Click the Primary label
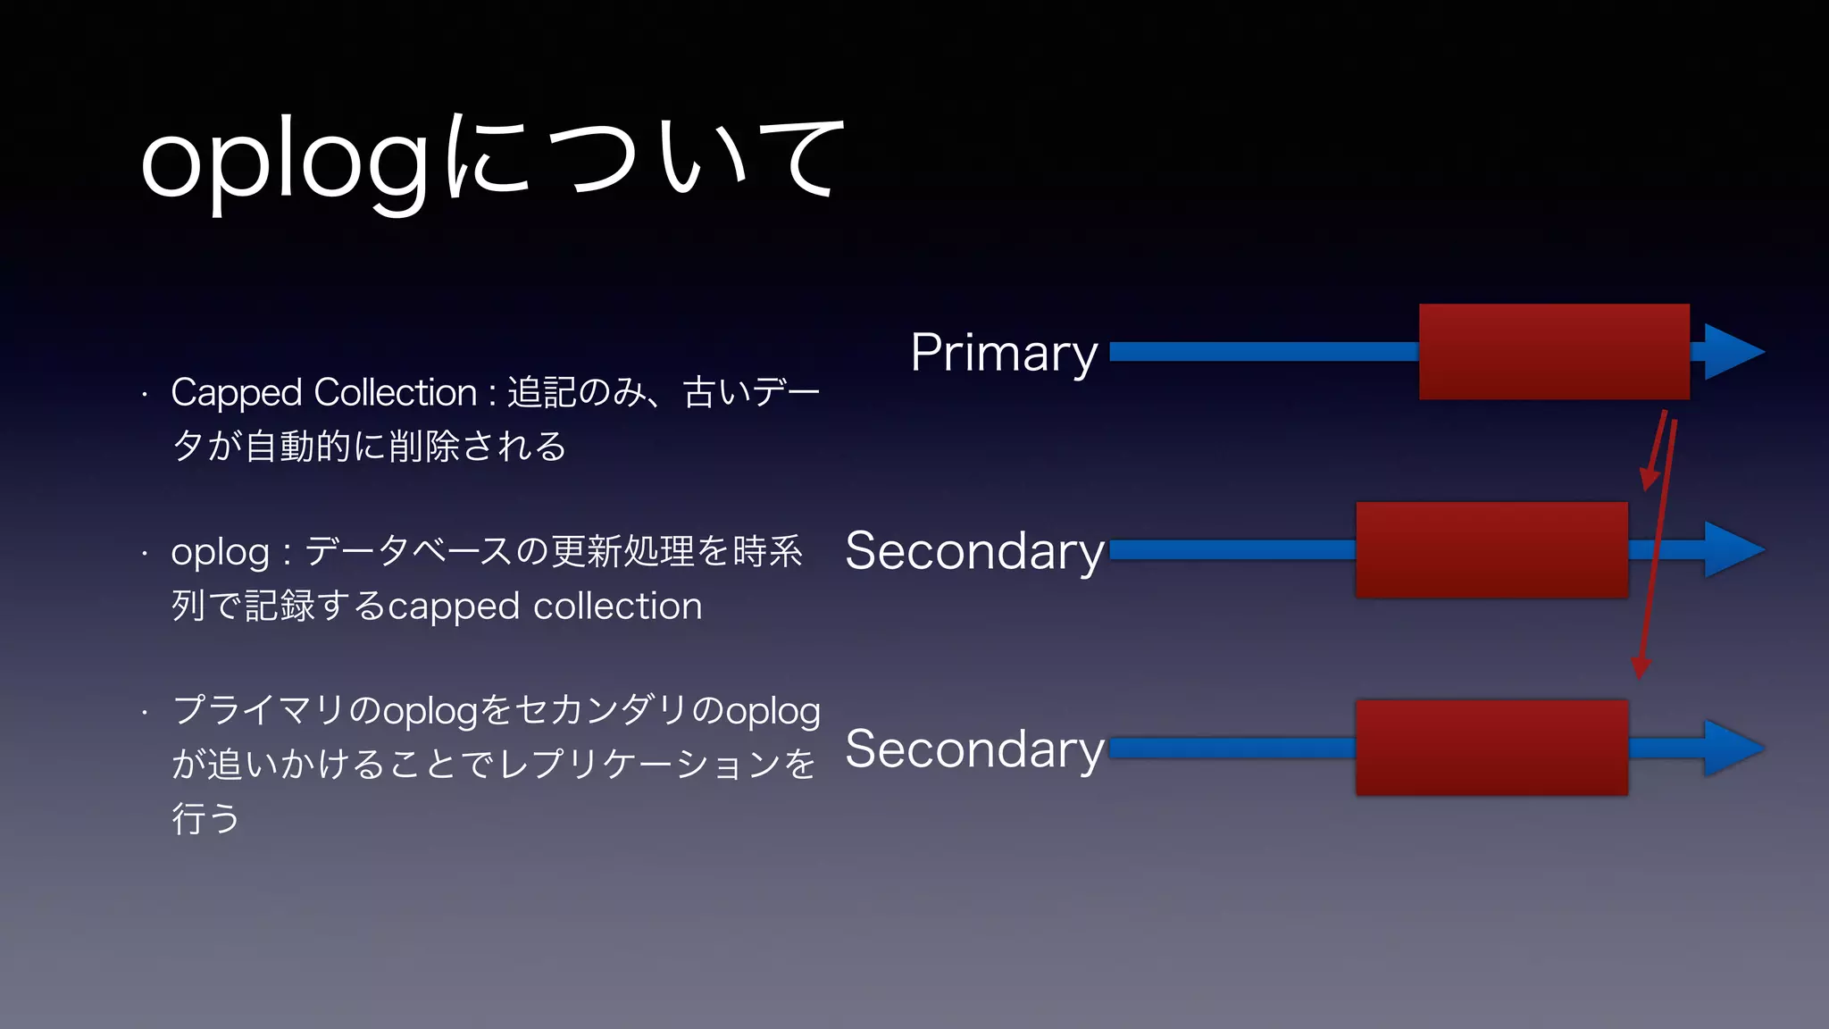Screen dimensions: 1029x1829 (x=1003, y=353)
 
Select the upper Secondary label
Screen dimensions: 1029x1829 (x=974, y=551)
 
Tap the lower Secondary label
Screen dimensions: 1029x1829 (x=974, y=749)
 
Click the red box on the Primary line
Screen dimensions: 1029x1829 (x=1554, y=351)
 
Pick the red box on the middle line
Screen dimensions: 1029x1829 (x=1491, y=549)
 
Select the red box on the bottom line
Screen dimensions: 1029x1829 (x=1491, y=748)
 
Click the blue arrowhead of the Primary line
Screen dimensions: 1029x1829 (x=1734, y=352)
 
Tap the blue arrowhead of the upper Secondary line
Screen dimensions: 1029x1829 (x=1734, y=550)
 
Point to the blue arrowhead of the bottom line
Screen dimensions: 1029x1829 (x=1734, y=749)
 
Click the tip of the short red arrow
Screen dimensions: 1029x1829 (x=1647, y=487)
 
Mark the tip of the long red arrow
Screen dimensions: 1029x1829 (x=1640, y=675)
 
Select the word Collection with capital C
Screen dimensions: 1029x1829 (x=395, y=393)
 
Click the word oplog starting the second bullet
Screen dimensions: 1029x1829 (x=220, y=553)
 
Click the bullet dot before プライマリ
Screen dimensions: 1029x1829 (x=144, y=712)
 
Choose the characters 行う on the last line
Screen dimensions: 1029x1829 (x=205, y=818)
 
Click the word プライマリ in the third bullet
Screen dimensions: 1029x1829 (x=258, y=711)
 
